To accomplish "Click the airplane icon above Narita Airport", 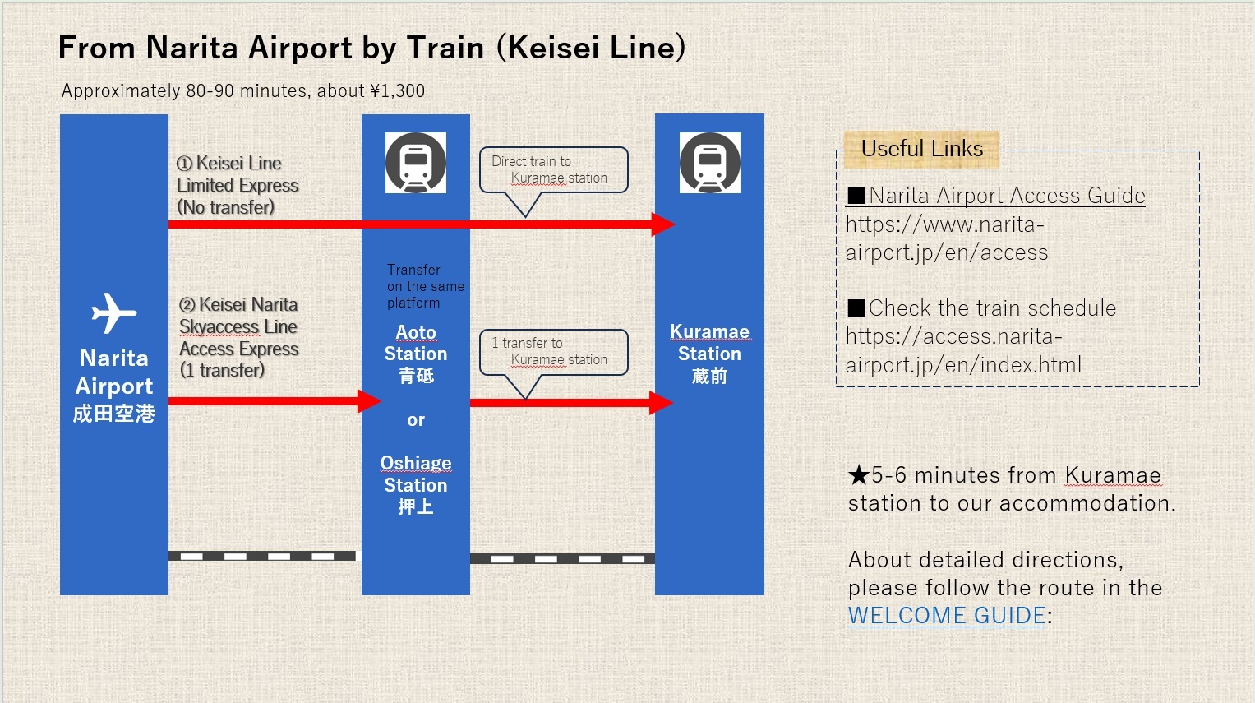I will [x=113, y=313].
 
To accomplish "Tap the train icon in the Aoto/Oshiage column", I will [x=416, y=163].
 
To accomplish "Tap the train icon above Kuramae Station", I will [x=709, y=163].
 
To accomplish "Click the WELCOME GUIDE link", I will [x=947, y=615].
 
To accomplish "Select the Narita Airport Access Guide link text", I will [x=1006, y=196].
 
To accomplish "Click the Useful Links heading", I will [x=921, y=149].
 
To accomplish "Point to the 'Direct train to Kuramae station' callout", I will [x=553, y=170].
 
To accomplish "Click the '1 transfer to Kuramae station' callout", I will [x=553, y=352].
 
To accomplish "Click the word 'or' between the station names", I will [x=416, y=420].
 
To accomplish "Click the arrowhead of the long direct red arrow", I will [x=663, y=224].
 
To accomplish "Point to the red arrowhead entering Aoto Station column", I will [x=369, y=401].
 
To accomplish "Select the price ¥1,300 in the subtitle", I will [x=398, y=91].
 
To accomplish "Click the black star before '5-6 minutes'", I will [x=859, y=475].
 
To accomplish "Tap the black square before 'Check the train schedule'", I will [x=856, y=308].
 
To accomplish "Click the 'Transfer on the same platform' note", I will [x=425, y=286].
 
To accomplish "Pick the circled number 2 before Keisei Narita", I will [x=187, y=305].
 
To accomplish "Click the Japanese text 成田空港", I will [x=113, y=414].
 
